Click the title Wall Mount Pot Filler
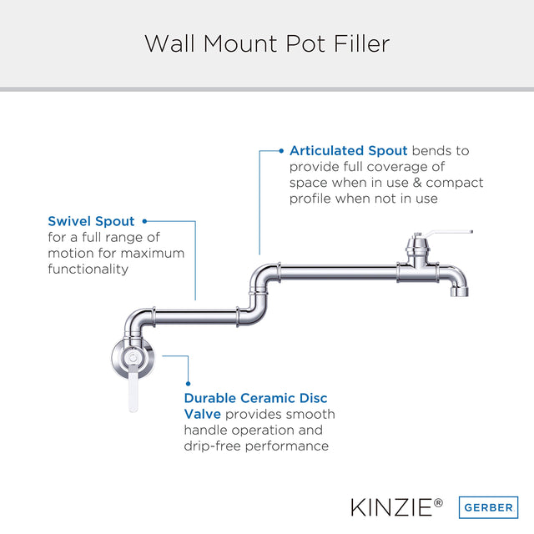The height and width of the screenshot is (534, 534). tap(267, 43)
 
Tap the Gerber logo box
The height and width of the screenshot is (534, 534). tap(488, 507)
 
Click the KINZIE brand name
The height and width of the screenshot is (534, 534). tap(392, 507)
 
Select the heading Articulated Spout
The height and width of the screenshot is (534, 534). tap(349, 150)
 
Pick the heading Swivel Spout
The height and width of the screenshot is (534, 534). tap(91, 221)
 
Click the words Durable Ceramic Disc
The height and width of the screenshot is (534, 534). tap(256, 398)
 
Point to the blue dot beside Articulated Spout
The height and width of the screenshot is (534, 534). tap(281, 151)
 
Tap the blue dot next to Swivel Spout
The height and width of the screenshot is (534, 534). tap(144, 221)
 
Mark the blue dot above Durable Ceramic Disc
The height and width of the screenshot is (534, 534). tap(189, 384)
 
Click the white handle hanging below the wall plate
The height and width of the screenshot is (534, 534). tap(133, 388)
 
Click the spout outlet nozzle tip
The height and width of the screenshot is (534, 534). tap(460, 291)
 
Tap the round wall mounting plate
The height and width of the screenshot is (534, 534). tap(133, 358)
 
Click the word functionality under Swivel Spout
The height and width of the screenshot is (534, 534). tap(88, 269)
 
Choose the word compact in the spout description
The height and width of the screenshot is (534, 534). tap(455, 183)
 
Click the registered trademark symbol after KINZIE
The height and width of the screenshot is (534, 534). tap(438, 502)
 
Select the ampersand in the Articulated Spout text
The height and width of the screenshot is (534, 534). tap(417, 183)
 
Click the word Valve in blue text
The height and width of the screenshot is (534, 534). tap(203, 414)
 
